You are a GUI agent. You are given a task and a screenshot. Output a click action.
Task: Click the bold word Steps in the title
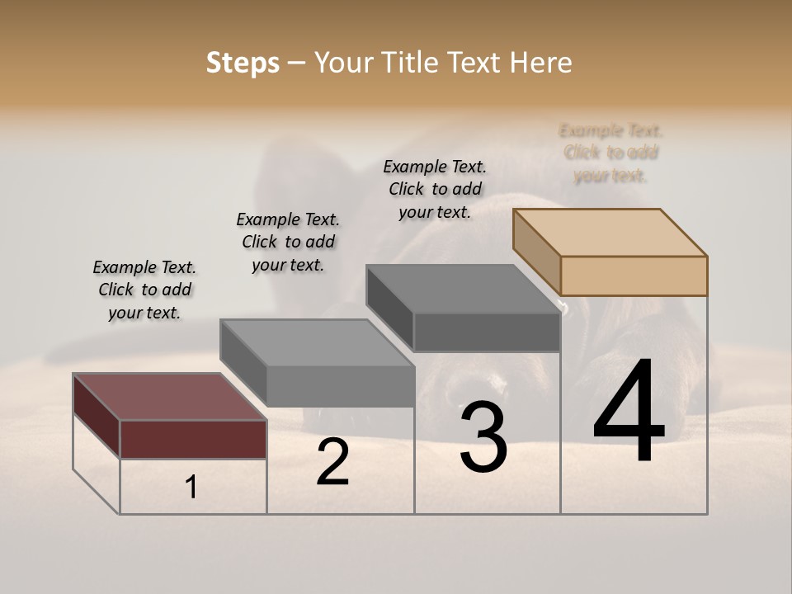click(242, 63)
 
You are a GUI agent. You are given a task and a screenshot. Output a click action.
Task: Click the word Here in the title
click(540, 63)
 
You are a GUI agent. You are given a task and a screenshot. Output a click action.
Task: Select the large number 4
click(629, 412)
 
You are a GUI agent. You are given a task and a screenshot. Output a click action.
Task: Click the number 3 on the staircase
click(483, 437)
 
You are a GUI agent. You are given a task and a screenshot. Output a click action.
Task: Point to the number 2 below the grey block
click(332, 462)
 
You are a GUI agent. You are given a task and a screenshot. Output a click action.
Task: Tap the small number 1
click(191, 488)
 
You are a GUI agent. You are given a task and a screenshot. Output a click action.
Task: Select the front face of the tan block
click(634, 276)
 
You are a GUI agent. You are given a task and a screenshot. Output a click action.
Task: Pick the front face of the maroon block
click(193, 439)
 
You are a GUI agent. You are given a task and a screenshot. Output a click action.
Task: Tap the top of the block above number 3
click(463, 289)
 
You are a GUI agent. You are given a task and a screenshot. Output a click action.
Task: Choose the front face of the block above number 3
click(487, 332)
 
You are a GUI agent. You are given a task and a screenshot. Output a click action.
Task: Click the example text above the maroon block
click(144, 290)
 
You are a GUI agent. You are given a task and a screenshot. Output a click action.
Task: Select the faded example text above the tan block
click(610, 153)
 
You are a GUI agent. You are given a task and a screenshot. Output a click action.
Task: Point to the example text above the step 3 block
click(435, 189)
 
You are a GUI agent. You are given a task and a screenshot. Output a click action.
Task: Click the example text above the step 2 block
click(288, 242)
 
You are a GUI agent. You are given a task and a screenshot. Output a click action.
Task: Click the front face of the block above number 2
click(340, 386)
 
